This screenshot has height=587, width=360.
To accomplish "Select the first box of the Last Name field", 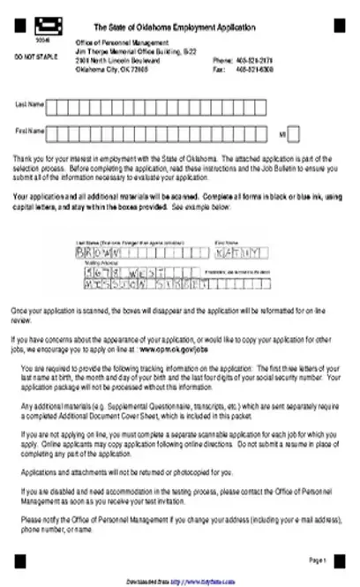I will coord(52,106).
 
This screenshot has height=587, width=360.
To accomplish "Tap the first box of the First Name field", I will coord(52,132).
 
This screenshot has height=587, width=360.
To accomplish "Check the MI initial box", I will coord(294,133).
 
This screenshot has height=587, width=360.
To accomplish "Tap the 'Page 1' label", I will coord(318,559).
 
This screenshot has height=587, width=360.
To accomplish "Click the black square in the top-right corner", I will coord(339,27).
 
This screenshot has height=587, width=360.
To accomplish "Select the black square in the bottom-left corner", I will coord(20,559).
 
